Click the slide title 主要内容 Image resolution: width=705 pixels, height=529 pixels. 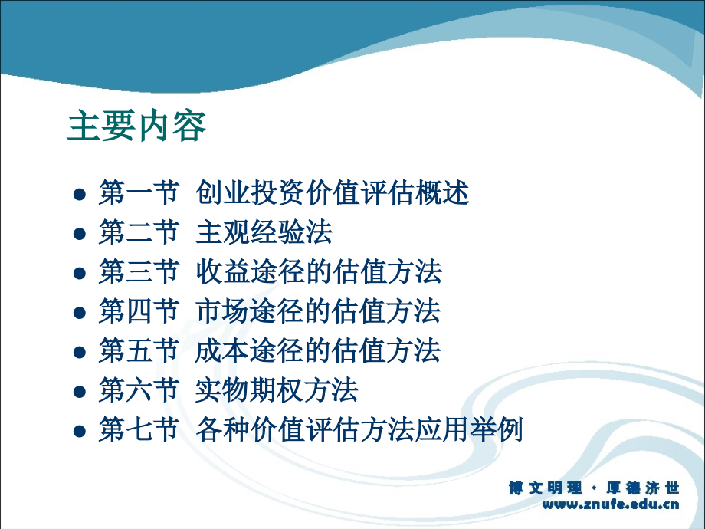(x=136, y=127)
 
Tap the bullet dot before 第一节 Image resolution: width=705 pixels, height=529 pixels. (x=80, y=194)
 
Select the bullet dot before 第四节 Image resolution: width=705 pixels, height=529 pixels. (x=80, y=313)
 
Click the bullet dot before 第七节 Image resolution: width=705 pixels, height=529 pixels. (x=80, y=431)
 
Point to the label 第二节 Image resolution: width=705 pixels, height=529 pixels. (x=139, y=232)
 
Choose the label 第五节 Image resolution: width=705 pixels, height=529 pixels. (x=139, y=350)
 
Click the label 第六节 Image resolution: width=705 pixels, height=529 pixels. (x=139, y=390)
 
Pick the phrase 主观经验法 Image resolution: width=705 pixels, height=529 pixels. (x=264, y=232)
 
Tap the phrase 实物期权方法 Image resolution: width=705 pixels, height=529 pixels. (x=277, y=390)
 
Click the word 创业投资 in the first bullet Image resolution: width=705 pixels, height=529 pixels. (x=251, y=193)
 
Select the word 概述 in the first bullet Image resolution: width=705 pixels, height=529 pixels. (x=442, y=193)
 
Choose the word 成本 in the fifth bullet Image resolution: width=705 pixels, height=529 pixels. (x=222, y=350)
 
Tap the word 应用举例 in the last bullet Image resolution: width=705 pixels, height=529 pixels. (x=469, y=429)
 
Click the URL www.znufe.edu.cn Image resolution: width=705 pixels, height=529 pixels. (x=611, y=504)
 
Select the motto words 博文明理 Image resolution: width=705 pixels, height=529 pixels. (x=546, y=488)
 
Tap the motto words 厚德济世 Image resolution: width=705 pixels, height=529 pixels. (x=642, y=488)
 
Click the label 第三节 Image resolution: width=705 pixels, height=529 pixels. (x=139, y=271)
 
